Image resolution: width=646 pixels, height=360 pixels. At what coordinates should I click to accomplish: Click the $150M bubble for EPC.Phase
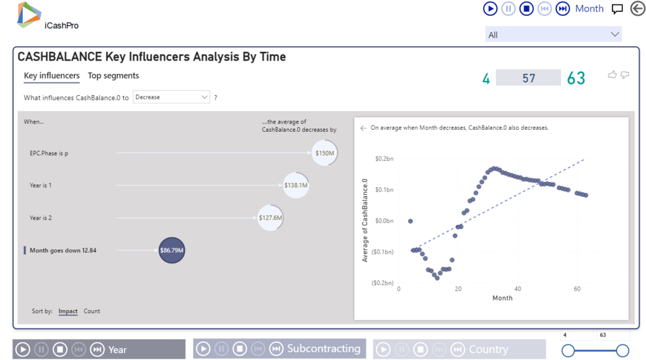(325, 153)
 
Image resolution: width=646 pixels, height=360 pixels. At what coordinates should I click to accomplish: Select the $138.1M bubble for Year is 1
(295, 185)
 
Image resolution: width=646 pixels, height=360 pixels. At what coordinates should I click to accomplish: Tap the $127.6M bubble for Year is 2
(270, 218)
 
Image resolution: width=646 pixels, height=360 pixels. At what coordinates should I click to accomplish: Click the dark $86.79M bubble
(172, 250)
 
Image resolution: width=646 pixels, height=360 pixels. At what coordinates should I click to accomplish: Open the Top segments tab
(114, 76)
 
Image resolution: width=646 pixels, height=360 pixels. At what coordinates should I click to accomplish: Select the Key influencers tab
(52, 76)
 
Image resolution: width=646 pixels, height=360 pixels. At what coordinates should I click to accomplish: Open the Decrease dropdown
(171, 97)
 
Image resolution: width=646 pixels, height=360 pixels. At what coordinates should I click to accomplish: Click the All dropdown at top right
(553, 35)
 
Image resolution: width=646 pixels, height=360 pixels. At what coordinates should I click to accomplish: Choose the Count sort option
(92, 311)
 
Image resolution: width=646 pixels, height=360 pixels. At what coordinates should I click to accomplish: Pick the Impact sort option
(68, 311)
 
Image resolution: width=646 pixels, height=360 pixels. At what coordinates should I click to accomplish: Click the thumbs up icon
(612, 75)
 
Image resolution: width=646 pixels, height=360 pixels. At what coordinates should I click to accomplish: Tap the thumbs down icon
(625, 75)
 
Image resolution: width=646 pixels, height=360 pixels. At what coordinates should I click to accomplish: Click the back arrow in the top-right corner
(637, 9)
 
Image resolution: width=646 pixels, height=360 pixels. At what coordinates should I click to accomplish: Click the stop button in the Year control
(60, 349)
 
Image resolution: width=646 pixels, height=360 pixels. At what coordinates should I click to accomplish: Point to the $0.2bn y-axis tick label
(384, 159)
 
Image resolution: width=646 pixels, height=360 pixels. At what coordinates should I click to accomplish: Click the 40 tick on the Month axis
(518, 289)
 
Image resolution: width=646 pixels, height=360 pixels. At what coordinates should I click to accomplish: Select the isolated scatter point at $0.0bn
(411, 221)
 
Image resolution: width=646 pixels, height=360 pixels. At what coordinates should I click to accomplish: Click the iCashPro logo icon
(29, 15)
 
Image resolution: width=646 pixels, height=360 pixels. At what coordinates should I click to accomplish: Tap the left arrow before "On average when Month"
(363, 128)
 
